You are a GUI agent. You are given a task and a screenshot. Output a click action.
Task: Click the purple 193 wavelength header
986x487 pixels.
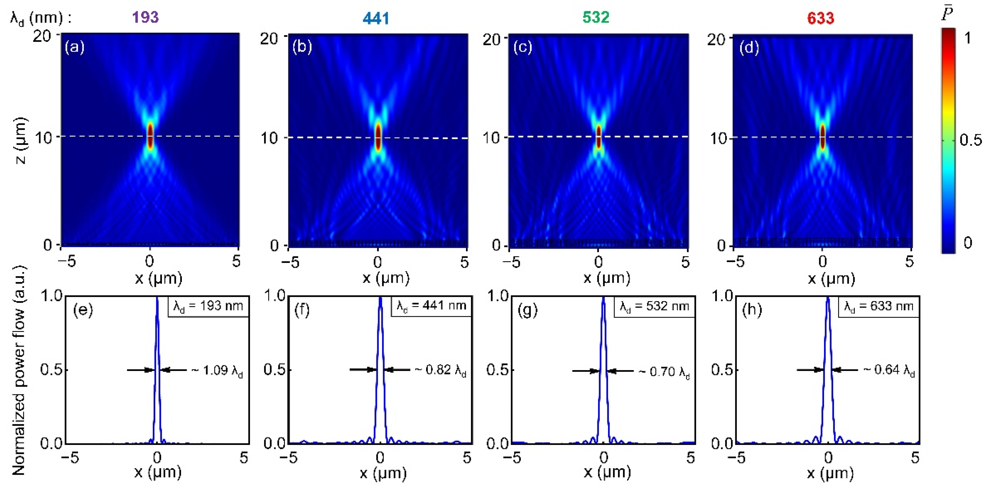tap(146, 17)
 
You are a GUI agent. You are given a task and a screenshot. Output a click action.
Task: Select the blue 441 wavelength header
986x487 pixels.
tap(376, 18)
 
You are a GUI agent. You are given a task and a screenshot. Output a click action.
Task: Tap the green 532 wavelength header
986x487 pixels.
tap(596, 17)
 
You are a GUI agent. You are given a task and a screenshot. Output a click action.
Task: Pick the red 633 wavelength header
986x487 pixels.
tap(820, 18)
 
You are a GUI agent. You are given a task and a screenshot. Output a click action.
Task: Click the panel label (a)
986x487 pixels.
tap(74, 47)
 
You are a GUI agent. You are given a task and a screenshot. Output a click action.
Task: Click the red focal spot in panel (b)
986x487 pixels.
tap(378, 137)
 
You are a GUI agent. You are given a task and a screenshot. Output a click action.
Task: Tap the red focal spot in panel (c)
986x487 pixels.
tap(598, 137)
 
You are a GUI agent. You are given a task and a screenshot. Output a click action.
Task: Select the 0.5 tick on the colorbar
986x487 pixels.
tap(970, 140)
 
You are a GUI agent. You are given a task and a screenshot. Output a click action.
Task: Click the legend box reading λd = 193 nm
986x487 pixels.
tap(208, 307)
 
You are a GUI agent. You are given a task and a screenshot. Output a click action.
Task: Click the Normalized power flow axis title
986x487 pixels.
tap(18, 370)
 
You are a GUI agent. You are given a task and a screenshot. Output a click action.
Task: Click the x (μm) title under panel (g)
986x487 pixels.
tap(607, 472)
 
